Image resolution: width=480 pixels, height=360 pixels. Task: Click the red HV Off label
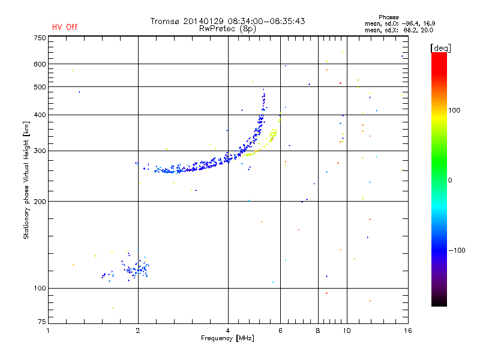(x=64, y=27)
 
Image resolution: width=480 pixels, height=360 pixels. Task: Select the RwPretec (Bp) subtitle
(x=229, y=28)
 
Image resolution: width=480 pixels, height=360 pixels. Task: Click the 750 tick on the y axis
(x=39, y=38)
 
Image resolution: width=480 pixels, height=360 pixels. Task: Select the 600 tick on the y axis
(x=39, y=64)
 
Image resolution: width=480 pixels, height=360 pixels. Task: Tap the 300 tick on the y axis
(x=39, y=151)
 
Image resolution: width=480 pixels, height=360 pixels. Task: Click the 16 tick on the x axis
(x=407, y=331)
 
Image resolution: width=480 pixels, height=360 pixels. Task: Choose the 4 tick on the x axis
(x=228, y=331)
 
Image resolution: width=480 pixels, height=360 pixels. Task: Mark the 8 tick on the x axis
(x=317, y=331)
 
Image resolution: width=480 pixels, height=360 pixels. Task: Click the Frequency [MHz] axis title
(x=228, y=339)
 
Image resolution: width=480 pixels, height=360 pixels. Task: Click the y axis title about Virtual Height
(x=26, y=180)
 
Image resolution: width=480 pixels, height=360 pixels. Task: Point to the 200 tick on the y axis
(x=39, y=202)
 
